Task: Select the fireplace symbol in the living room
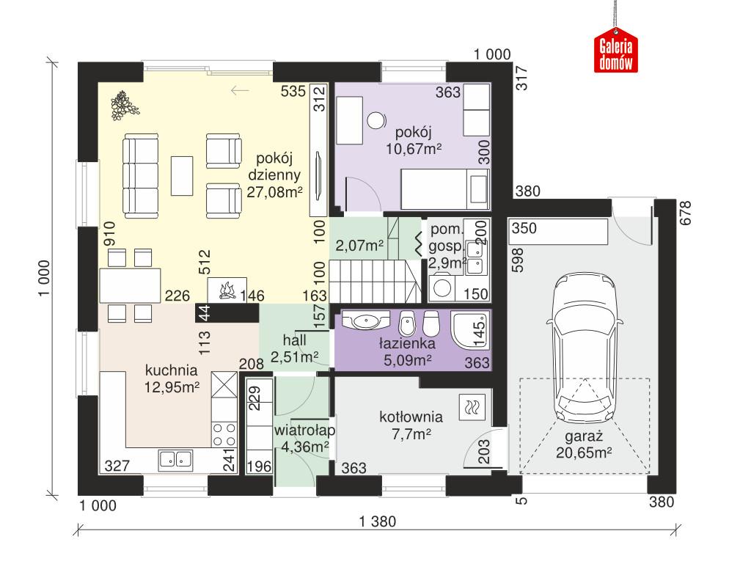(227, 290)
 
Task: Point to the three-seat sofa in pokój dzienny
(140, 175)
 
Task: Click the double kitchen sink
(175, 459)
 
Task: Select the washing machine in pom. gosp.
(443, 288)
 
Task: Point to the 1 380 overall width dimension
(378, 522)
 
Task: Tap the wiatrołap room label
(300, 428)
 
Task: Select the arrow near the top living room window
(239, 90)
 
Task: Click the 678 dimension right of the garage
(686, 213)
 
